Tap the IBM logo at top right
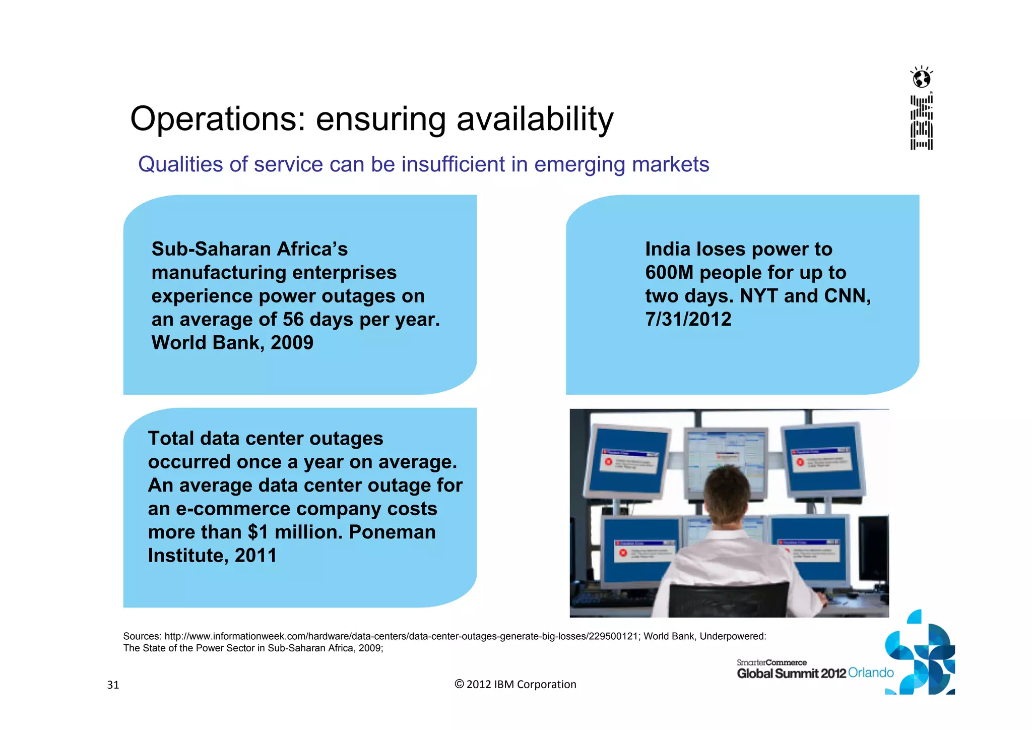pyautogui.click(x=921, y=123)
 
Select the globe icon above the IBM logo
pyautogui.click(x=922, y=79)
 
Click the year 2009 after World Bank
pyautogui.click(x=292, y=343)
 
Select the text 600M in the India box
pyautogui.click(x=669, y=273)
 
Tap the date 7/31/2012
pyautogui.click(x=688, y=319)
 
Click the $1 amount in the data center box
pyautogui.click(x=260, y=532)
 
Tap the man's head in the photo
pyautogui.click(x=728, y=492)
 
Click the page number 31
pyautogui.click(x=113, y=685)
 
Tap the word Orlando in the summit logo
pyautogui.click(x=871, y=673)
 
